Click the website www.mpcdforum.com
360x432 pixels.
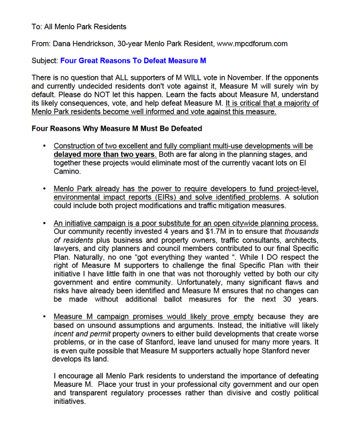[252, 44]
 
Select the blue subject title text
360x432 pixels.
[133, 61]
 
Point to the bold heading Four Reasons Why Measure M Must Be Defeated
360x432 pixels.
[117, 129]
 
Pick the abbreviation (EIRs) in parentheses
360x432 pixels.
[169, 197]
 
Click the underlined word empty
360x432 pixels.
[244, 317]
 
